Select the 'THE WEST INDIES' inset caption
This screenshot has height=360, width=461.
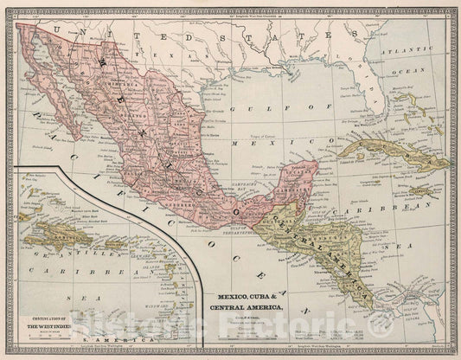[x=41, y=328]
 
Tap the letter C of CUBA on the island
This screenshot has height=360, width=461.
[x=357, y=147]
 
